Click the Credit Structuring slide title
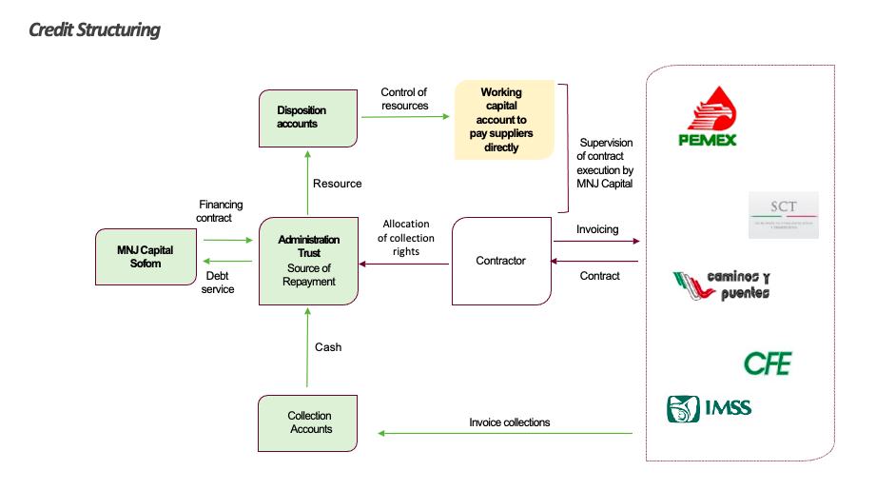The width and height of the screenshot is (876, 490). (94, 29)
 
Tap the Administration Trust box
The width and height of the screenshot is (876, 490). (309, 261)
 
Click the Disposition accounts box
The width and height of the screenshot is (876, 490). (308, 118)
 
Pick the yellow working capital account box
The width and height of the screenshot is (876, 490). (502, 120)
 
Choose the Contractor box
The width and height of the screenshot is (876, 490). (501, 261)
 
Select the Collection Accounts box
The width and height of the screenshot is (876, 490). (308, 423)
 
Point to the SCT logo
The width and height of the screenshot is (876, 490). (783, 214)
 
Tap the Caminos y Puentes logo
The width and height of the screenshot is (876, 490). (721, 284)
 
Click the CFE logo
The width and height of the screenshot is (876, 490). (767, 363)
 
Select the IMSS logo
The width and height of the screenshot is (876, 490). (709, 408)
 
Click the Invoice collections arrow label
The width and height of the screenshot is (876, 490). (509, 422)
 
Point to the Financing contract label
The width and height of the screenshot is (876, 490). (221, 211)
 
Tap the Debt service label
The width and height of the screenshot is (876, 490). (218, 283)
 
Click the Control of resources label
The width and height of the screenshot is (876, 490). (404, 99)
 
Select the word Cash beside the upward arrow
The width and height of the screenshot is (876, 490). (328, 347)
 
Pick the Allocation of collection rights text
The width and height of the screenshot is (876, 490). (406, 238)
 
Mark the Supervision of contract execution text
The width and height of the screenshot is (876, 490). (605, 163)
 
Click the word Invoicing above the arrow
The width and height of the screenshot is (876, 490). (597, 229)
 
